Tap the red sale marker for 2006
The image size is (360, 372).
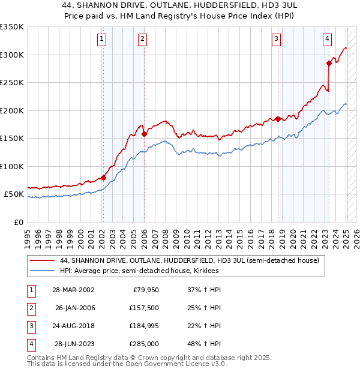[144, 134]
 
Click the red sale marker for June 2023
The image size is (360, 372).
[329, 62]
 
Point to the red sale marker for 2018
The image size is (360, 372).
[278, 119]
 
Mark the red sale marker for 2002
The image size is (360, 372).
[103, 178]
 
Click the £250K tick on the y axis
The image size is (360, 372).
[11, 83]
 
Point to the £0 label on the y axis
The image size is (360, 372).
[18, 222]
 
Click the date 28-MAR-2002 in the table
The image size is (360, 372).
[73, 290]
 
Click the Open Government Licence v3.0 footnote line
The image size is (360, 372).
[127, 364]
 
